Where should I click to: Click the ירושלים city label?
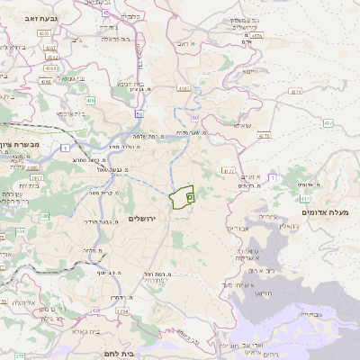tap(142, 219)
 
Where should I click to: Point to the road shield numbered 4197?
tap(184, 88)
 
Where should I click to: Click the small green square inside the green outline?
tap(189, 195)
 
